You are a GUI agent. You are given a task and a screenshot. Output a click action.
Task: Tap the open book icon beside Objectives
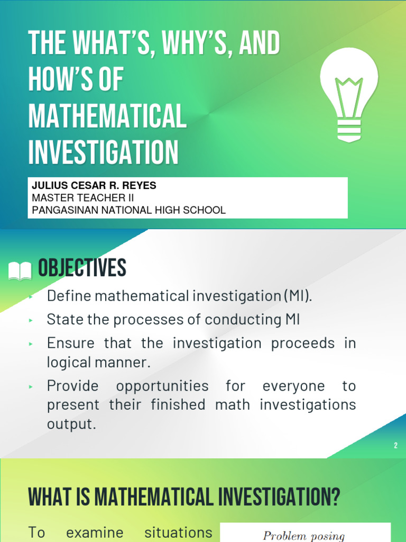click(x=21, y=272)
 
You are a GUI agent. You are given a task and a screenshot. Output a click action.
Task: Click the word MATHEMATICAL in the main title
click(x=107, y=116)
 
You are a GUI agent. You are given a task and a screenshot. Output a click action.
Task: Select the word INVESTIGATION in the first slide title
click(x=104, y=152)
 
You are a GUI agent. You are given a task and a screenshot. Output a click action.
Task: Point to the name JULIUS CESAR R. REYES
click(x=94, y=186)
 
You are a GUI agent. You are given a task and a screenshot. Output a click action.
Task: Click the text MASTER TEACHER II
click(x=83, y=198)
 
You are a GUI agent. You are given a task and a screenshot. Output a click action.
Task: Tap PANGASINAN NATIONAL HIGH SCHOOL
click(x=128, y=210)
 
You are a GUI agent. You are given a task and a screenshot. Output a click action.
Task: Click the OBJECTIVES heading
click(x=82, y=269)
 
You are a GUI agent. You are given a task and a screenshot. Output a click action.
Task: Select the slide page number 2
click(x=395, y=446)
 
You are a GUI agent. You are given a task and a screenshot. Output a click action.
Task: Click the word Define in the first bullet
click(x=67, y=296)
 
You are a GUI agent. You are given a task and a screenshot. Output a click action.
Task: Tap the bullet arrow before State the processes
click(x=31, y=320)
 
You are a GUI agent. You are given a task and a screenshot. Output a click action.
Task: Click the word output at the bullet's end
click(x=71, y=424)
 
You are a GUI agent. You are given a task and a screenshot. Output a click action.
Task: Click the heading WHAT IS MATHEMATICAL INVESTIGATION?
click(x=184, y=498)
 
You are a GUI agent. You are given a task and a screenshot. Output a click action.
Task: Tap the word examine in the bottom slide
click(x=95, y=532)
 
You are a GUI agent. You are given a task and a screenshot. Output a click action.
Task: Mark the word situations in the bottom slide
click(x=179, y=532)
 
